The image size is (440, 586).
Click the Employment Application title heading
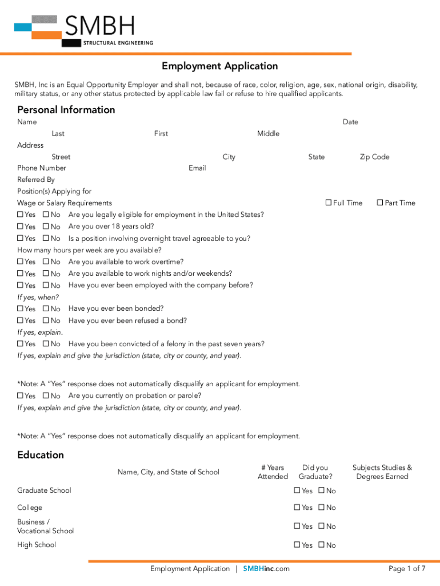click(219, 66)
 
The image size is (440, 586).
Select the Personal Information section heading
click(66, 110)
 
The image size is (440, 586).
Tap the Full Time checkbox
click(329, 203)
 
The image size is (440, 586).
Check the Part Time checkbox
click(380, 203)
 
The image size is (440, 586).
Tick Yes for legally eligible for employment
click(21, 215)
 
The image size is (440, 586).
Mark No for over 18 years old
click(46, 227)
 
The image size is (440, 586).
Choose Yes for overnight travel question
click(21, 239)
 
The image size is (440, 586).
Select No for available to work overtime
click(46, 262)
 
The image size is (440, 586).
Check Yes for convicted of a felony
click(21, 344)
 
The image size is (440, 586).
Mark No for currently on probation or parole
click(46, 396)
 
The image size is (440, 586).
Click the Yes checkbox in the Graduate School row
click(297, 490)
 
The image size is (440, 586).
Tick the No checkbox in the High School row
click(322, 545)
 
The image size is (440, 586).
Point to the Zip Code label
click(374, 157)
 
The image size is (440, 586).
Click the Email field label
click(197, 168)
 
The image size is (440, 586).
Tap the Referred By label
click(36, 180)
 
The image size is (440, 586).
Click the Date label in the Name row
click(350, 122)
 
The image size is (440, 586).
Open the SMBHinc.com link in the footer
click(266, 569)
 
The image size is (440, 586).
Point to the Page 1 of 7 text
click(407, 569)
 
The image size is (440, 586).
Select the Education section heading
click(41, 456)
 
